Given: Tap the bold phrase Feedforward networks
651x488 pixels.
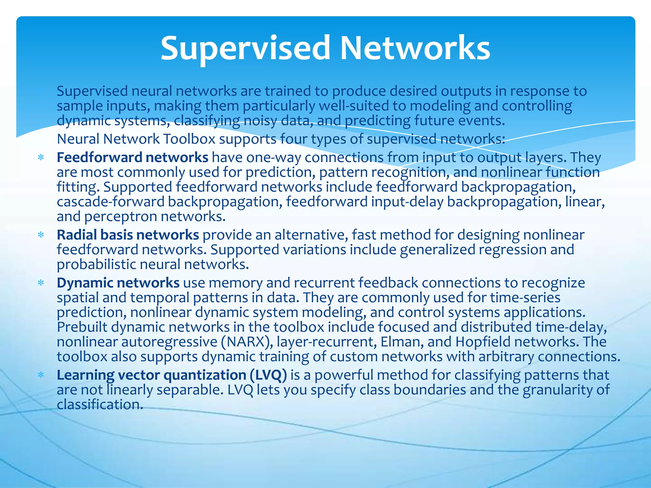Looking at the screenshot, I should [x=132, y=157].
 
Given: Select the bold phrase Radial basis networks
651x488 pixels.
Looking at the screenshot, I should [x=128, y=235].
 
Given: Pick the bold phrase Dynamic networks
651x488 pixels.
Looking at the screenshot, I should [x=118, y=283].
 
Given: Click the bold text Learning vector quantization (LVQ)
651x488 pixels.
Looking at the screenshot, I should [x=172, y=375].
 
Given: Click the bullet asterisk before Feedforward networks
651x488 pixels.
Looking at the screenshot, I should [x=41, y=158].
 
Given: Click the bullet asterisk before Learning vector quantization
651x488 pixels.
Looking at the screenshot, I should [x=41, y=375].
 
